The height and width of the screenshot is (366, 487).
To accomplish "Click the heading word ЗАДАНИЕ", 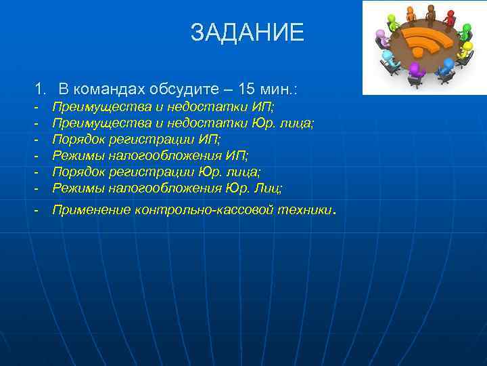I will click(247, 32).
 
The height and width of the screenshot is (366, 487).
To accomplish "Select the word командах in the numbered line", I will click(113, 89).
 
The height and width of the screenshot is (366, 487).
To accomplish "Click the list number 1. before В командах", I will click(41, 89).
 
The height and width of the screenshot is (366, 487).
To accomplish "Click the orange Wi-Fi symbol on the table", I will click(427, 41).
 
